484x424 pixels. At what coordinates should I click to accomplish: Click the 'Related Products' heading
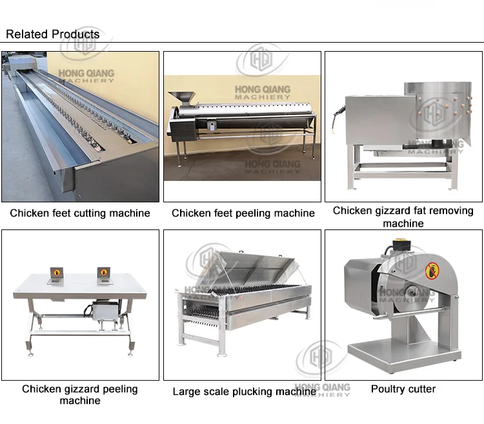pyautogui.click(x=53, y=34)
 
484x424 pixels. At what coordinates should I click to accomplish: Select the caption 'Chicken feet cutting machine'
pyautogui.click(x=80, y=213)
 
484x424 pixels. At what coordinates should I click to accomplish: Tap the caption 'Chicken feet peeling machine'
pyautogui.click(x=243, y=213)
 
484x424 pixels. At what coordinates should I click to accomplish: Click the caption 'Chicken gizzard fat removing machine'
pyautogui.click(x=403, y=217)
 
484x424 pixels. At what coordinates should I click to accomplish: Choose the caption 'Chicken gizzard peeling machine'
pyautogui.click(x=80, y=394)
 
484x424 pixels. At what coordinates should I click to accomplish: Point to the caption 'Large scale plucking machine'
pyautogui.click(x=244, y=392)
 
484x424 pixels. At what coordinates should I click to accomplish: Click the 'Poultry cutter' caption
pyautogui.click(x=403, y=389)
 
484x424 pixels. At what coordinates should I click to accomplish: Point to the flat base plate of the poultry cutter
pyautogui.click(x=403, y=352)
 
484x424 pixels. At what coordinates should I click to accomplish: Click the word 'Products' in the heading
pyautogui.click(x=76, y=34)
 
